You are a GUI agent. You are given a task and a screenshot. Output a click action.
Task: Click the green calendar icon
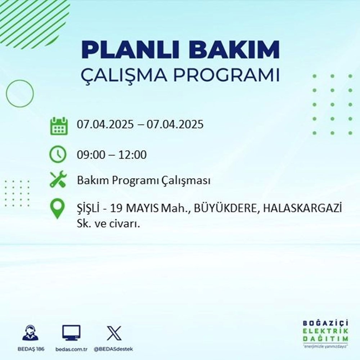click(x=58, y=126)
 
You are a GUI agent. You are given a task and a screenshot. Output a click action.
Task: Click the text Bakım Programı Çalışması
click(x=144, y=181)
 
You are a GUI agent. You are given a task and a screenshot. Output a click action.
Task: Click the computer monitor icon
click(x=71, y=333)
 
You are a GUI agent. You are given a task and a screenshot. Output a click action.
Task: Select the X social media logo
click(x=114, y=333)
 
